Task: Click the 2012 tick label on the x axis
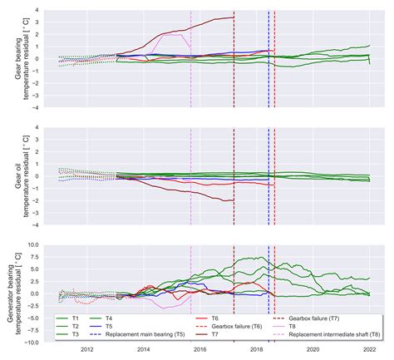86,350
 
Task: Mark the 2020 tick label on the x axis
313,350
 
